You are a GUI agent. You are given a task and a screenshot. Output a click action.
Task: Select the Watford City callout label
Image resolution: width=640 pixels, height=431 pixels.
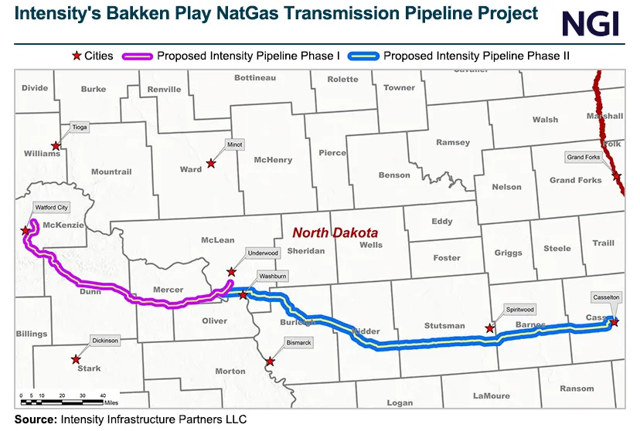coord(51,207)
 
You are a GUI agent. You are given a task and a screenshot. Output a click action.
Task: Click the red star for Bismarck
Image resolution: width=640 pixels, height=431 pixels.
coord(270,361)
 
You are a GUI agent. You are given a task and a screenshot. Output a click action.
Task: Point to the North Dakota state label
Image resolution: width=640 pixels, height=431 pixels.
coord(335,232)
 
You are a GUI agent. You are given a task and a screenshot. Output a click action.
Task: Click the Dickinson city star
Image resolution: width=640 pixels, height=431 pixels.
coord(76,359)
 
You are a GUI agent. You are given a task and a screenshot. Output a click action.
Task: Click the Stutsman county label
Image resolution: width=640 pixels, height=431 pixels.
coord(444,326)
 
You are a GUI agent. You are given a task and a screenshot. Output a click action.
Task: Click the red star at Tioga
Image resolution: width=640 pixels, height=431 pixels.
coord(56,145)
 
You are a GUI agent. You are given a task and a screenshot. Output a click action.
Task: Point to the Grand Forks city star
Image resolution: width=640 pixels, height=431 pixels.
coord(618,177)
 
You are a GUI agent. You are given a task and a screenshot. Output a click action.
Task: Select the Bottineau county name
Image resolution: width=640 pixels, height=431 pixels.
coord(254,78)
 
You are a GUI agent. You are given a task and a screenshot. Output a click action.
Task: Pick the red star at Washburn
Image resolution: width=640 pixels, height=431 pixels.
coord(243,294)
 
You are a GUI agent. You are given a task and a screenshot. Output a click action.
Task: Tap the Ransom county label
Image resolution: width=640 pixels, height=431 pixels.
coord(577,389)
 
